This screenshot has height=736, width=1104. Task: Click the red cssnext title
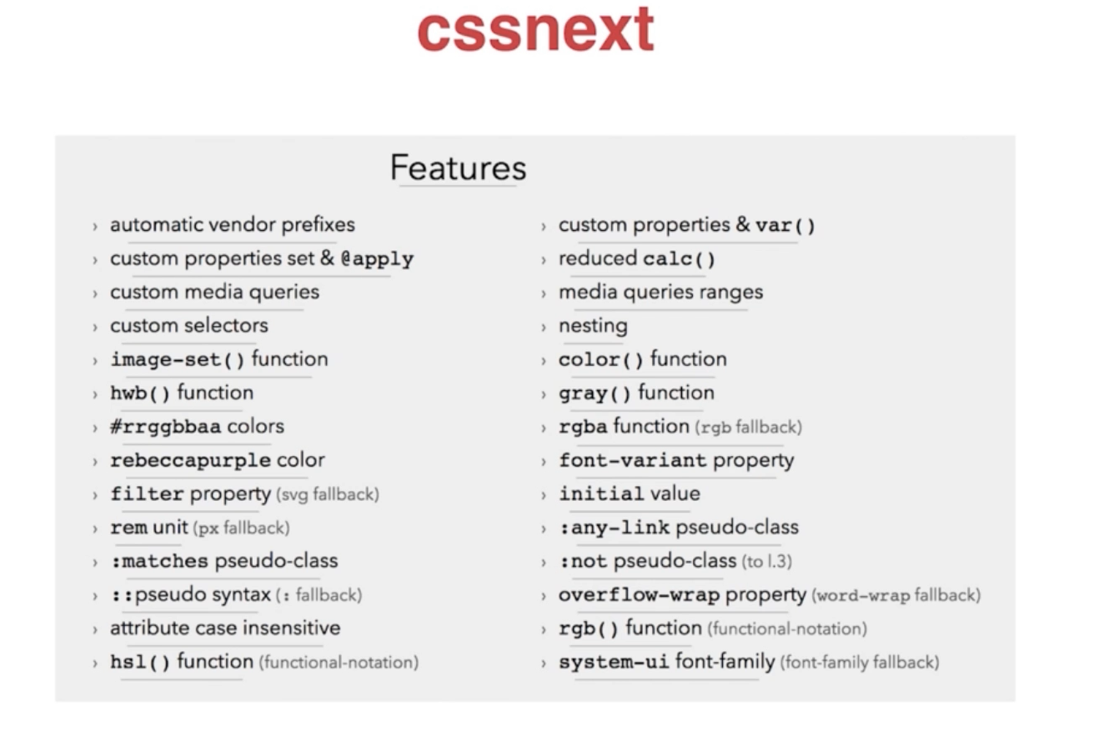click(x=535, y=29)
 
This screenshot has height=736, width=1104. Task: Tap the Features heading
click(x=459, y=168)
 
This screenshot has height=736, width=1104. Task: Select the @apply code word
click(x=378, y=259)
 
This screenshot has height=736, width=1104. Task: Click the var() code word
click(x=785, y=226)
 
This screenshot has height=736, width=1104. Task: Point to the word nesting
click(x=593, y=326)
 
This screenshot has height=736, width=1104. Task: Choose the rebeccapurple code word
click(x=190, y=461)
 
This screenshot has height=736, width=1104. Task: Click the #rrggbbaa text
click(x=166, y=427)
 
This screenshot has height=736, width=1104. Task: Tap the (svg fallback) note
click(x=328, y=494)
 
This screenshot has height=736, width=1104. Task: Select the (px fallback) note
click(x=242, y=528)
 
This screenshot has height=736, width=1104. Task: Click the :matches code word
click(x=160, y=561)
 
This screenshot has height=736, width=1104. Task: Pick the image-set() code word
click(x=178, y=359)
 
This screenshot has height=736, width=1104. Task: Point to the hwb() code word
click(x=140, y=393)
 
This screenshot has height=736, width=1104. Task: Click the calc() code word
click(x=679, y=259)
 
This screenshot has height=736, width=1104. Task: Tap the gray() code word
click(x=595, y=393)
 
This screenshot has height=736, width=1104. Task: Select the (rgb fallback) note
click(x=749, y=427)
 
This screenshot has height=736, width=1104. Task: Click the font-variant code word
click(x=632, y=461)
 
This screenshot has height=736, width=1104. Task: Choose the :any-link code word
click(x=614, y=528)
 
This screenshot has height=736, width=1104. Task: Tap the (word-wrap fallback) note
click(x=896, y=595)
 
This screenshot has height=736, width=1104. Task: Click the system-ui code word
click(x=614, y=662)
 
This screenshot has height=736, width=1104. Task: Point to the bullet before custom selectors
click(x=95, y=327)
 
